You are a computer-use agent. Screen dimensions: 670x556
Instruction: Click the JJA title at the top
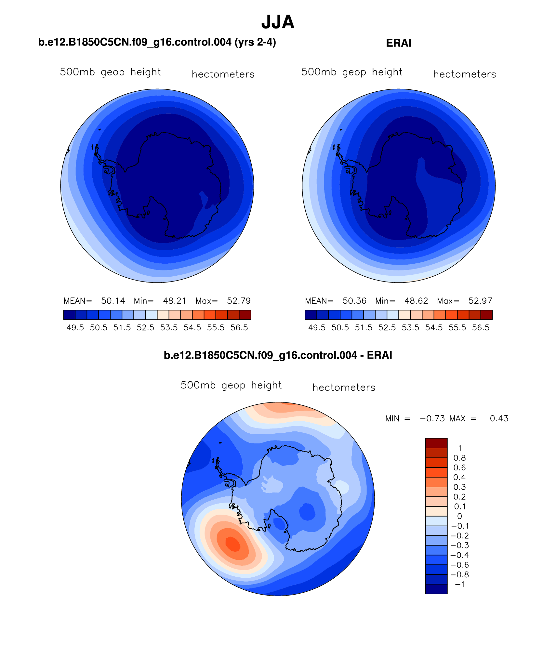tap(278, 22)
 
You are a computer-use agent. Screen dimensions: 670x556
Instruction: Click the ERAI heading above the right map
tap(399, 43)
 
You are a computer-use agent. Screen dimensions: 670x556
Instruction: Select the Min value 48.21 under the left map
tap(175, 301)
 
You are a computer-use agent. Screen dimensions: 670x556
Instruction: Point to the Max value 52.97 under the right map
tap(480, 301)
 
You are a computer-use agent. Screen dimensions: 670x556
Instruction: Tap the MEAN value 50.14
tap(113, 301)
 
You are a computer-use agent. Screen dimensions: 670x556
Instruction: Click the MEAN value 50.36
tap(354, 301)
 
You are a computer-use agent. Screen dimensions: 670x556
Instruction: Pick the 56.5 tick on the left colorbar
tap(239, 328)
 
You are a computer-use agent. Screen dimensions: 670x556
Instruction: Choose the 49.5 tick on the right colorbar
tap(317, 328)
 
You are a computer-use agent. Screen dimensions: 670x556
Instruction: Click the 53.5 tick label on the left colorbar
tap(169, 328)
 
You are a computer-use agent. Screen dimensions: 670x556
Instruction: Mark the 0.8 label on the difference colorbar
tap(459, 458)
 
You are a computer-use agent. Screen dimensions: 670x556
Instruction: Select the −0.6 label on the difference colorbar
tap(459, 565)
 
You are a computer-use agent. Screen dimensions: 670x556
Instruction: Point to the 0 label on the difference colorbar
tap(459, 516)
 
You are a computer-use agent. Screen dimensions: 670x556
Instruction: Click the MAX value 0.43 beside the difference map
tap(499, 418)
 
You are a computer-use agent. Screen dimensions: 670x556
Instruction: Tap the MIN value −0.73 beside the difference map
tap(432, 418)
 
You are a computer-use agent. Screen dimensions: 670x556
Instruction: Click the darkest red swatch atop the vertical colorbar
tap(436, 443)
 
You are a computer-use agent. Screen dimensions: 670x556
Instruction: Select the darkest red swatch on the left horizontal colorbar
tap(245, 315)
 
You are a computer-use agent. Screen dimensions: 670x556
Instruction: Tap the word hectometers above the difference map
tap(344, 388)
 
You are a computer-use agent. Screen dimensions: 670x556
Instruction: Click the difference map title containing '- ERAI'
tap(278, 355)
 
